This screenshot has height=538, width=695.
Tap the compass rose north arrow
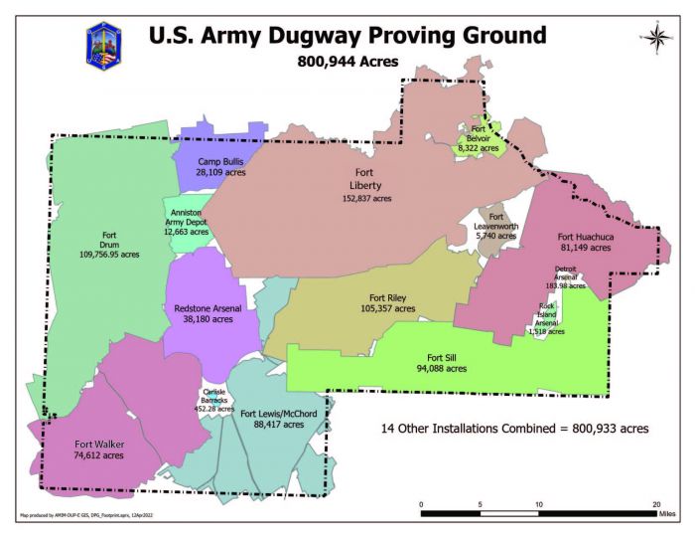click(x=655, y=38)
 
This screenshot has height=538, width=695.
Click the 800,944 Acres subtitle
click(x=347, y=62)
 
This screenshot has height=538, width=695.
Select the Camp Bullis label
click(x=220, y=166)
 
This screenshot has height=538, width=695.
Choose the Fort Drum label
click(x=109, y=245)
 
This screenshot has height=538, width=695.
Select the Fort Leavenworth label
click(x=496, y=227)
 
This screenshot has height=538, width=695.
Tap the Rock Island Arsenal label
click(x=547, y=318)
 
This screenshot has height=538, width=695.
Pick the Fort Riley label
click(x=387, y=302)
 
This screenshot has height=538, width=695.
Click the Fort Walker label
click(x=99, y=448)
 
